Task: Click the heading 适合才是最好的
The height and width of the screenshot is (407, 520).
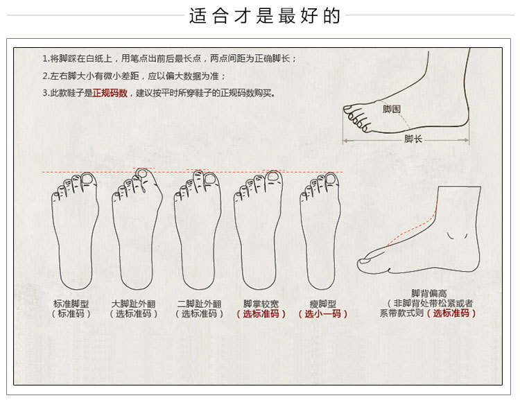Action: tap(265, 15)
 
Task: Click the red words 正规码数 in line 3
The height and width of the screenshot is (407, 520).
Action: tap(110, 93)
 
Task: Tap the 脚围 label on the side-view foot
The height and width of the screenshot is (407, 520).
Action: tap(392, 109)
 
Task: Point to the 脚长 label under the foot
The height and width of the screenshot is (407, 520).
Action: tap(413, 139)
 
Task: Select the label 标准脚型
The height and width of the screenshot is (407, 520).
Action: tap(71, 304)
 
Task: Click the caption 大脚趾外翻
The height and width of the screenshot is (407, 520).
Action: tap(133, 304)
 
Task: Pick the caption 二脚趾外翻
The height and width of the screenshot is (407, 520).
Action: tap(199, 304)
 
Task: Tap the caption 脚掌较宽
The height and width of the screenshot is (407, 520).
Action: tap(261, 304)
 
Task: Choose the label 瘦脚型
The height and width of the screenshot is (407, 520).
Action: tap(322, 304)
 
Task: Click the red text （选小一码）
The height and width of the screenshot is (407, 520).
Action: tap(322, 314)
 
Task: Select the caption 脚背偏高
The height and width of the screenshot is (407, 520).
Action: tap(428, 293)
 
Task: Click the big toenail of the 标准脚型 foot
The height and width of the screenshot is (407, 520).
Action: tap(88, 178)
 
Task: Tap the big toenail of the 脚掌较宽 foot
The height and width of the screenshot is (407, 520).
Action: tap(272, 177)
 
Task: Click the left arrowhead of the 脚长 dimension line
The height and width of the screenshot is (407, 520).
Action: tap(345, 141)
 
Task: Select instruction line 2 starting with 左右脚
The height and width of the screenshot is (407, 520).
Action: tap(134, 76)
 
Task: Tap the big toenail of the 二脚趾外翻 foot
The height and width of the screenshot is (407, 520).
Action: tap(210, 178)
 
